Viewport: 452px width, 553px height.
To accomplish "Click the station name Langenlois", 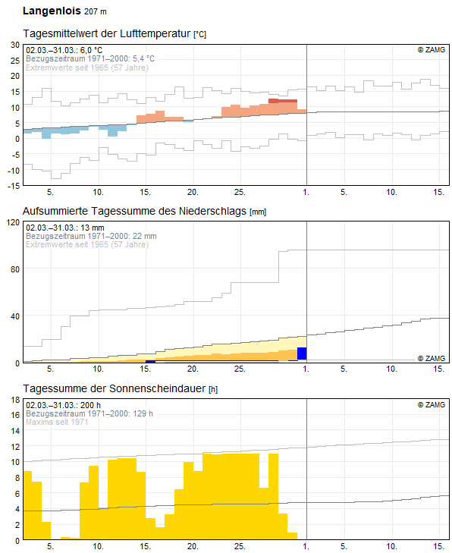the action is (x=52, y=11).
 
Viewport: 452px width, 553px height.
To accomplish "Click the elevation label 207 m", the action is (x=96, y=11).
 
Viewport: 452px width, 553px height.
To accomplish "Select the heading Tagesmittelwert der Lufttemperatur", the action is (x=107, y=33).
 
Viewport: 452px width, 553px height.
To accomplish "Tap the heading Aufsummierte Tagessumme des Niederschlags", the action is (x=134, y=211).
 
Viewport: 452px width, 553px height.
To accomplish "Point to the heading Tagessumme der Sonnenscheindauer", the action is (x=115, y=388).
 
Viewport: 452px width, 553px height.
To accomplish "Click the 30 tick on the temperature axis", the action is (x=15, y=45).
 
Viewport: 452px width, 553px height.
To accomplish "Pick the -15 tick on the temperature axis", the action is (x=14, y=186).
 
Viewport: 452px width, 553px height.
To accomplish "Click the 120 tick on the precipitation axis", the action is (x=13, y=222).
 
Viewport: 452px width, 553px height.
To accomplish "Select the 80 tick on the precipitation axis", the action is (x=15, y=269).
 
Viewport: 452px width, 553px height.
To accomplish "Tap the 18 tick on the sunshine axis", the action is (x=15, y=400).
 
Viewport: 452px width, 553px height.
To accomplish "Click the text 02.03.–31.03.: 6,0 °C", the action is (x=64, y=50).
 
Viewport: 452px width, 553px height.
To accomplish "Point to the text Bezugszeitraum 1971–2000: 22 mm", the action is (x=91, y=236).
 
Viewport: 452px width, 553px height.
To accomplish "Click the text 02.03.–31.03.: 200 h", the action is (x=64, y=405).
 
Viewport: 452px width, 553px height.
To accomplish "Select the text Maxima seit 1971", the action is (x=57, y=422).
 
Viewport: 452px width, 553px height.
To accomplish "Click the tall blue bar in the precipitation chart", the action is (x=302, y=353).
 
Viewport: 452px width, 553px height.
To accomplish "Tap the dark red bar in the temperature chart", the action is (x=283, y=101).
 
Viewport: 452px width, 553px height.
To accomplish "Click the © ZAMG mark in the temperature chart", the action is (x=432, y=50).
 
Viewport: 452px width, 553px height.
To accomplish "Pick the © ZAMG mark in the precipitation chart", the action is (x=432, y=358).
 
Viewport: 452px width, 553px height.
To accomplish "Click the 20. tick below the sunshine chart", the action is (x=193, y=546).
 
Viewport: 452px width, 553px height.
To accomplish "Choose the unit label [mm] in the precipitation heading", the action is (x=258, y=212).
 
